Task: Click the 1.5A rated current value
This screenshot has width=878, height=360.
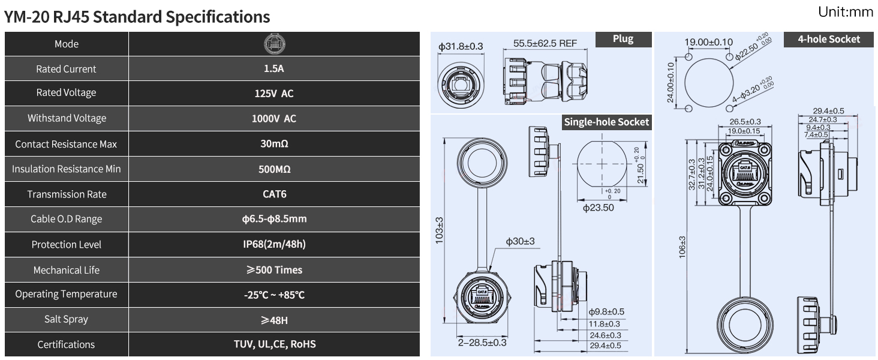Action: click(x=274, y=68)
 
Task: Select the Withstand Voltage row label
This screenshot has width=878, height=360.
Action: click(x=67, y=118)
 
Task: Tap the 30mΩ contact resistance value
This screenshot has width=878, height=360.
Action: click(x=274, y=144)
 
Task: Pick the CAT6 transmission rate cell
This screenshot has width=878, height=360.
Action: click(x=274, y=194)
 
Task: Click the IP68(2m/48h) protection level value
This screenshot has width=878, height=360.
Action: click(x=274, y=244)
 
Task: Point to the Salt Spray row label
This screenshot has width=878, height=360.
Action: click(x=67, y=319)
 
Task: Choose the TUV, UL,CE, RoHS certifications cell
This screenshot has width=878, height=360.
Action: click(x=274, y=344)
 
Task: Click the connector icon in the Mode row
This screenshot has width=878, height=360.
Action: click(x=275, y=44)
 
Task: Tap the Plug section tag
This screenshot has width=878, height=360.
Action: click(x=623, y=39)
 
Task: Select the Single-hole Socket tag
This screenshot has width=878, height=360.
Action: click(x=606, y=122)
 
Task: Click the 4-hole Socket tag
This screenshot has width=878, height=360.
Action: click(x=829, y=40)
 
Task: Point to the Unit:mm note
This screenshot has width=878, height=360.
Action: click(x=845, y=12)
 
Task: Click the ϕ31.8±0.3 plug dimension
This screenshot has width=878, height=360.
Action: click(x=461, y=46)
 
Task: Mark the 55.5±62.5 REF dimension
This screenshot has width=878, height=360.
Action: click(x=545, y=44)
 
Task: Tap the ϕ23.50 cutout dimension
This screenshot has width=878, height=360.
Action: click(x=598, y=208)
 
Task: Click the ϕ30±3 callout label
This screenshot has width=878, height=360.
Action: click(x=520, y=241)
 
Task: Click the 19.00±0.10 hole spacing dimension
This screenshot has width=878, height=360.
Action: click(x=709, y=42)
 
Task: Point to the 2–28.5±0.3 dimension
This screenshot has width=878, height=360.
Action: click(x=482, y=343)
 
